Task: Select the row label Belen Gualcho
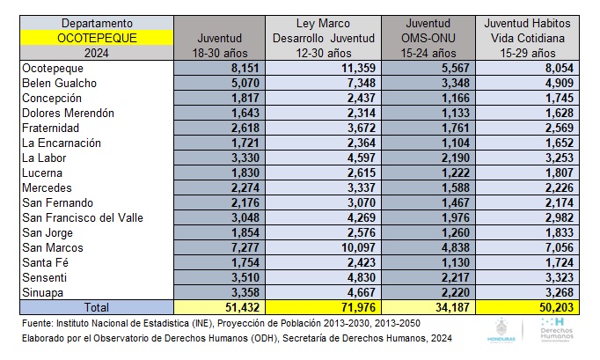(58, 84)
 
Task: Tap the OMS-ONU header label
(428, 38)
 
